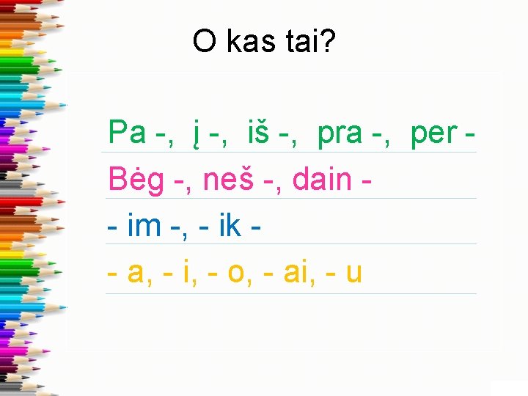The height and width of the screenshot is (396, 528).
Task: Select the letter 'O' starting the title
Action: click(205, 42)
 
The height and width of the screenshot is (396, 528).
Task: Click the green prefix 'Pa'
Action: click(127, 133)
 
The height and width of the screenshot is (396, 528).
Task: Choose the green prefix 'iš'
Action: click(262, 133)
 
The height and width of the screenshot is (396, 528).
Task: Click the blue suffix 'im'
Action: click(144, 226)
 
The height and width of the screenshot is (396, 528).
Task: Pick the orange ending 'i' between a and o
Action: click(187, 273)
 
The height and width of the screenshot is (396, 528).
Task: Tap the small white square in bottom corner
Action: click(509, 388)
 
